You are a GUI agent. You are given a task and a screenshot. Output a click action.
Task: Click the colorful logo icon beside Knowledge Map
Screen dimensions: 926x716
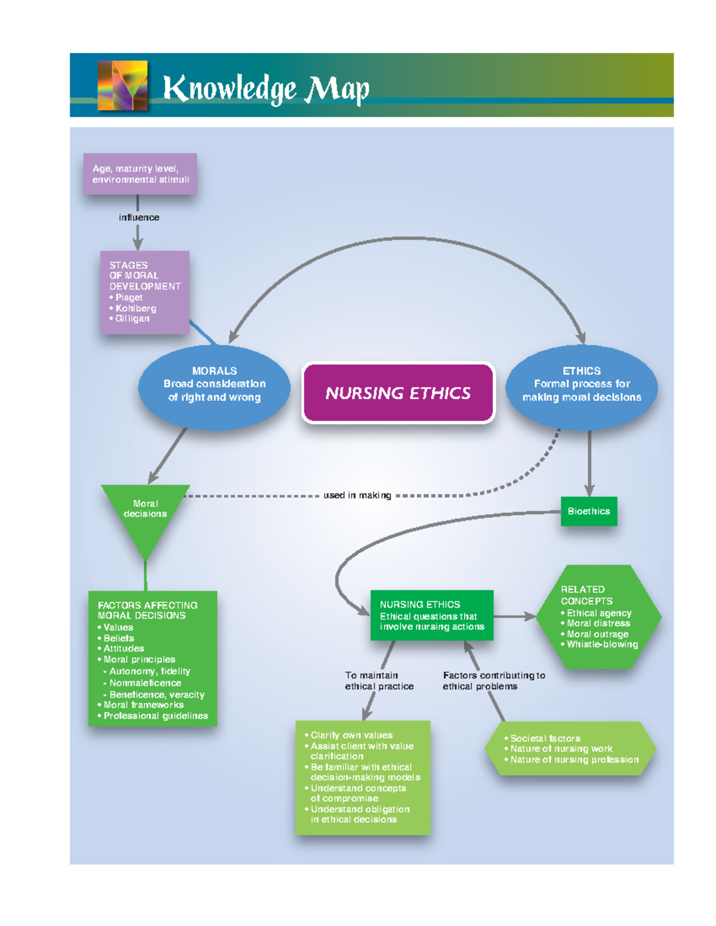[122, 85]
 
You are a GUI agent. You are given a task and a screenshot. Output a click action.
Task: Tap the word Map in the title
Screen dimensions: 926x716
[337, 89]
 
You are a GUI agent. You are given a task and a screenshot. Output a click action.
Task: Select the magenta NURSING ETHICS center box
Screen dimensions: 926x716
[398, 393]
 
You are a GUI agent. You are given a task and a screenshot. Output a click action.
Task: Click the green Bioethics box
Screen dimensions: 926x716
[588, 511]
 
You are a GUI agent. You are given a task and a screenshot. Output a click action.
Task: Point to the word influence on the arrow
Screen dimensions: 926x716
[139, 218]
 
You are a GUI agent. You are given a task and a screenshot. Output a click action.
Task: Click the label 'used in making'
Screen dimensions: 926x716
[357, 495]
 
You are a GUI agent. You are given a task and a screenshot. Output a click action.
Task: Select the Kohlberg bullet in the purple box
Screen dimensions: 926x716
[135, 308]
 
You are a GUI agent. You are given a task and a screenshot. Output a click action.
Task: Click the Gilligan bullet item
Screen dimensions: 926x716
[132, 318]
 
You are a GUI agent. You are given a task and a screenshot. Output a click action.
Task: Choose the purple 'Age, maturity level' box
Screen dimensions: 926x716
[140, 174]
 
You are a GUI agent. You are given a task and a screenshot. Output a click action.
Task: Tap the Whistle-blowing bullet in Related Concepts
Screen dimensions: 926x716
[601, 644]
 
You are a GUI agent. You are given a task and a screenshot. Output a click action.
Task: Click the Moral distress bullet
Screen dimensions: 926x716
[598, 623]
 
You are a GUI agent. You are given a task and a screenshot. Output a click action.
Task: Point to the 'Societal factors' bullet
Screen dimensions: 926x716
[545, 738]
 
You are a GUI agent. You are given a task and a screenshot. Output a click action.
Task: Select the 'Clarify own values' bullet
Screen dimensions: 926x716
[351, 735]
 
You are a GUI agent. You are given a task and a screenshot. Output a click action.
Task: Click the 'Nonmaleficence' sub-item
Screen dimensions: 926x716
[144, 683]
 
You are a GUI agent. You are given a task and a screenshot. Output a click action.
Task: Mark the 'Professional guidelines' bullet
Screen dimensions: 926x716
[155, 716]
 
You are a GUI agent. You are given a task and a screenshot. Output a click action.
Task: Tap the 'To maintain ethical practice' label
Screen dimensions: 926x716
[379, 680]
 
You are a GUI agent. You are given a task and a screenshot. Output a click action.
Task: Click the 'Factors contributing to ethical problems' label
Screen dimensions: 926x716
[493, 680]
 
